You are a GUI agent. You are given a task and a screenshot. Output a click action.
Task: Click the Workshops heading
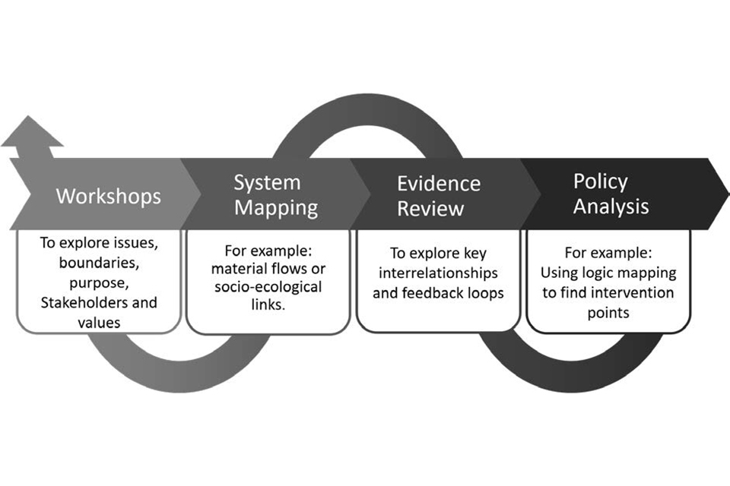[108, 196]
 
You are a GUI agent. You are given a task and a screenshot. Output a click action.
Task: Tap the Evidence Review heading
[439, 196]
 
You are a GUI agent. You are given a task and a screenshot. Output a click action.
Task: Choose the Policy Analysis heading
[611, 194]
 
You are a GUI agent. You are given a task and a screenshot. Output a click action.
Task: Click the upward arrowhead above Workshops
[32, 134]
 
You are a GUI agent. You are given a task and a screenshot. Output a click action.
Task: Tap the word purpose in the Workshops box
[99, 282]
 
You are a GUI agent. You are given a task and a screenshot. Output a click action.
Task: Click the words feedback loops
[463, 292]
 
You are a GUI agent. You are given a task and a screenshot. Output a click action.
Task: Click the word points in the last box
[608, 312]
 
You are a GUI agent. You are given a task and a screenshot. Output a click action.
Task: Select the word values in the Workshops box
[98, 322]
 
